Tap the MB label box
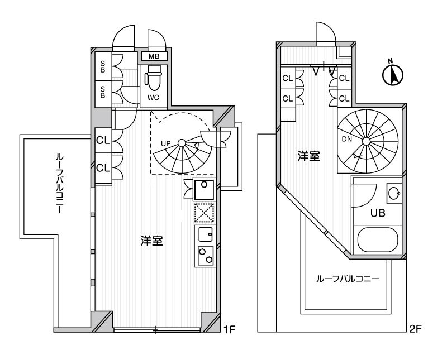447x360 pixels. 154,56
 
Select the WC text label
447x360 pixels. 154,98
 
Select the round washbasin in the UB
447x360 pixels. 393,194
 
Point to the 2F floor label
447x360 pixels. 414,329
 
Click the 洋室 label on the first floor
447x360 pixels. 151,241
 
